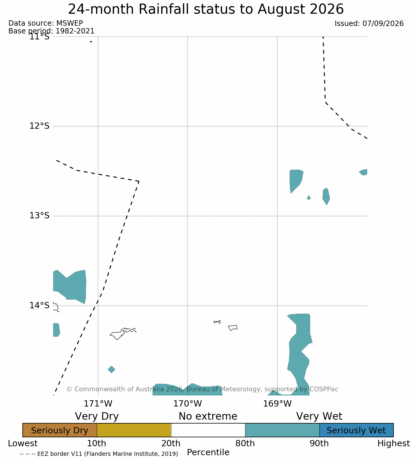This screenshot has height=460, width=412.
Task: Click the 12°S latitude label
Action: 39,126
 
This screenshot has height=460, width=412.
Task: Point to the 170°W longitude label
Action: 187,404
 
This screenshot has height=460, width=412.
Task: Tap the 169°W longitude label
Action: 277,404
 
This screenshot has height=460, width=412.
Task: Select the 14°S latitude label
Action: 39,305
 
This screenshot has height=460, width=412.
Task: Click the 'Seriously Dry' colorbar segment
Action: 60,430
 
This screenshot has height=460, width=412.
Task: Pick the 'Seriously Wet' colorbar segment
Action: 356,430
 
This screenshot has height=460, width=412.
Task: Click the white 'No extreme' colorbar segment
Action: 208,430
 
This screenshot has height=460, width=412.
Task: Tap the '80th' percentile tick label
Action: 245,443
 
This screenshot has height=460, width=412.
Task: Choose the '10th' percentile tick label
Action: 97,443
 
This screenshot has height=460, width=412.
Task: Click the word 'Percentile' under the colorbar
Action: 208,452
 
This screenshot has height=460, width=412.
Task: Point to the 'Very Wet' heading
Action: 319,416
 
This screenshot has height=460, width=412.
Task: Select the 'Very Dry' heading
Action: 97,416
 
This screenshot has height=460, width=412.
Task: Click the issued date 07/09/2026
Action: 383,24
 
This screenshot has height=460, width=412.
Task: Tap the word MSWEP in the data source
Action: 70,23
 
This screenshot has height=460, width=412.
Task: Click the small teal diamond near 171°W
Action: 111,369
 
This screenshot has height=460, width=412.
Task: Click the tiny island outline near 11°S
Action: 91,42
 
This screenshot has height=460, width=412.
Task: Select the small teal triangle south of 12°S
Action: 308,197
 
